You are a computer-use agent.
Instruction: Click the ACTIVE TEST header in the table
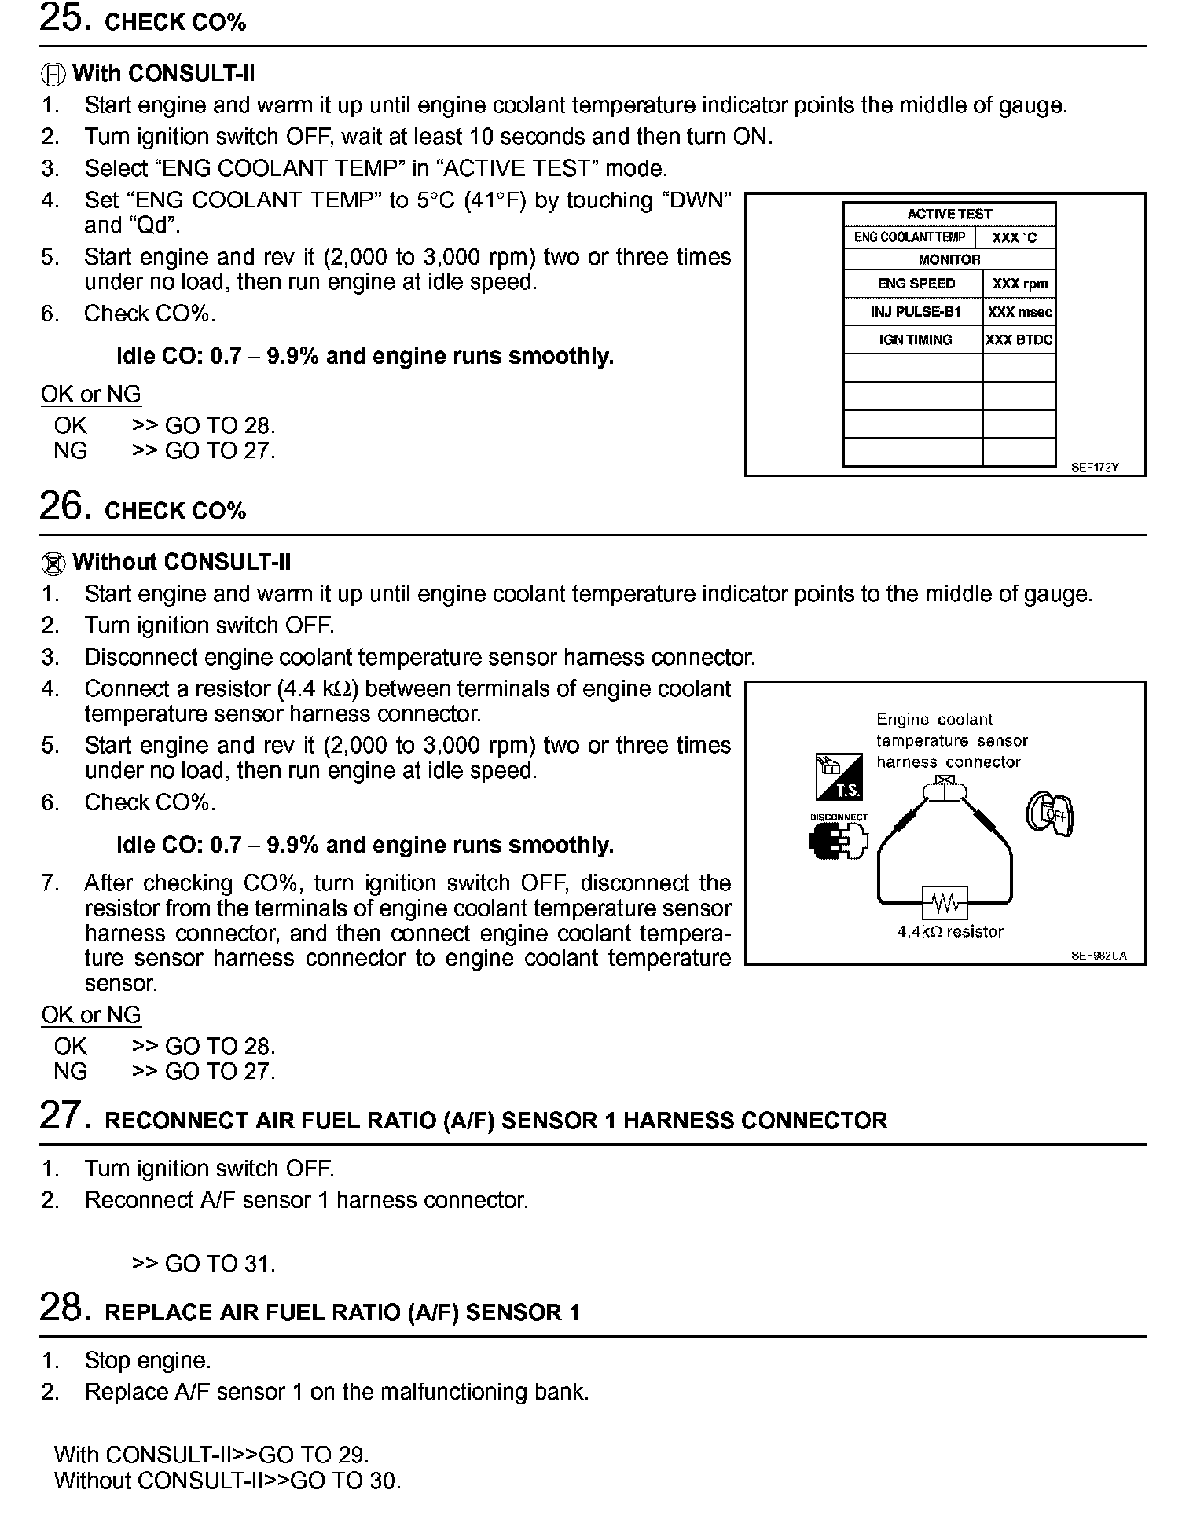(x=949, y=214)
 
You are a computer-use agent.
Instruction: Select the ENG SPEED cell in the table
(x=916, y=284)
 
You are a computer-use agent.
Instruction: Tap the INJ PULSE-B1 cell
(x=916, y=312)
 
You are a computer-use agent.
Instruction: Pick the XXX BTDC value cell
(x=1019, y=339)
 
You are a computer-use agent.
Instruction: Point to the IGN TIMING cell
(x=915, y=339)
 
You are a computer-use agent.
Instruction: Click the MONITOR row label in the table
(x=949, y=259)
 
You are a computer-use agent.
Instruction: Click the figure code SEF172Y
(x=1094, y=467)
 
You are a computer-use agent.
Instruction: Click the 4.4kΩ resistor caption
(x=950, y=932)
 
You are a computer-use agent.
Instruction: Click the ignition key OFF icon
(x=1051, y=814)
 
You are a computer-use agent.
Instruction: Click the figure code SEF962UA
(x=1098, y=956)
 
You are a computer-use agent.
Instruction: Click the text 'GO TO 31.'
(x=220, y=1264)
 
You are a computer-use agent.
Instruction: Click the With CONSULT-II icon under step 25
(x=52, y=75)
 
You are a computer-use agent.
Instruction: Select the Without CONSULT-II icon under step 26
(x=52, y=563)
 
